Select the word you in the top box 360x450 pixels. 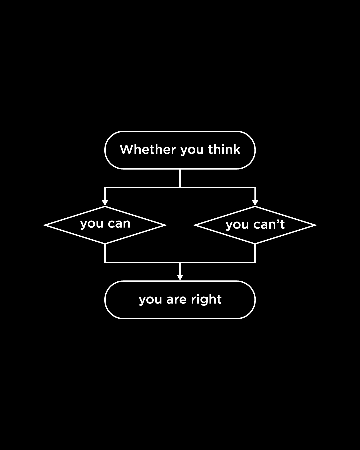click(192, 150)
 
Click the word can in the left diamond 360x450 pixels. click(119, 224)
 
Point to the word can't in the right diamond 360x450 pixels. click(269, 224)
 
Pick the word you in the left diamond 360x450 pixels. click(92, 224)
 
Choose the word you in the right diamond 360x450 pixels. click(237, 225)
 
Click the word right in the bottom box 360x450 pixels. click(206, 300)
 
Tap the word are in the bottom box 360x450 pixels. click(176, 300)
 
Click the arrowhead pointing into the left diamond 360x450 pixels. click(105, 203)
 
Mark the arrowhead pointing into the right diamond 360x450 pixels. click(255, 203)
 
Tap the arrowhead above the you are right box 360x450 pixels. click(180, 277)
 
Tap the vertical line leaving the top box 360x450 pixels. click(180, 178)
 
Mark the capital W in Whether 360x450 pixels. click(126, 149)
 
